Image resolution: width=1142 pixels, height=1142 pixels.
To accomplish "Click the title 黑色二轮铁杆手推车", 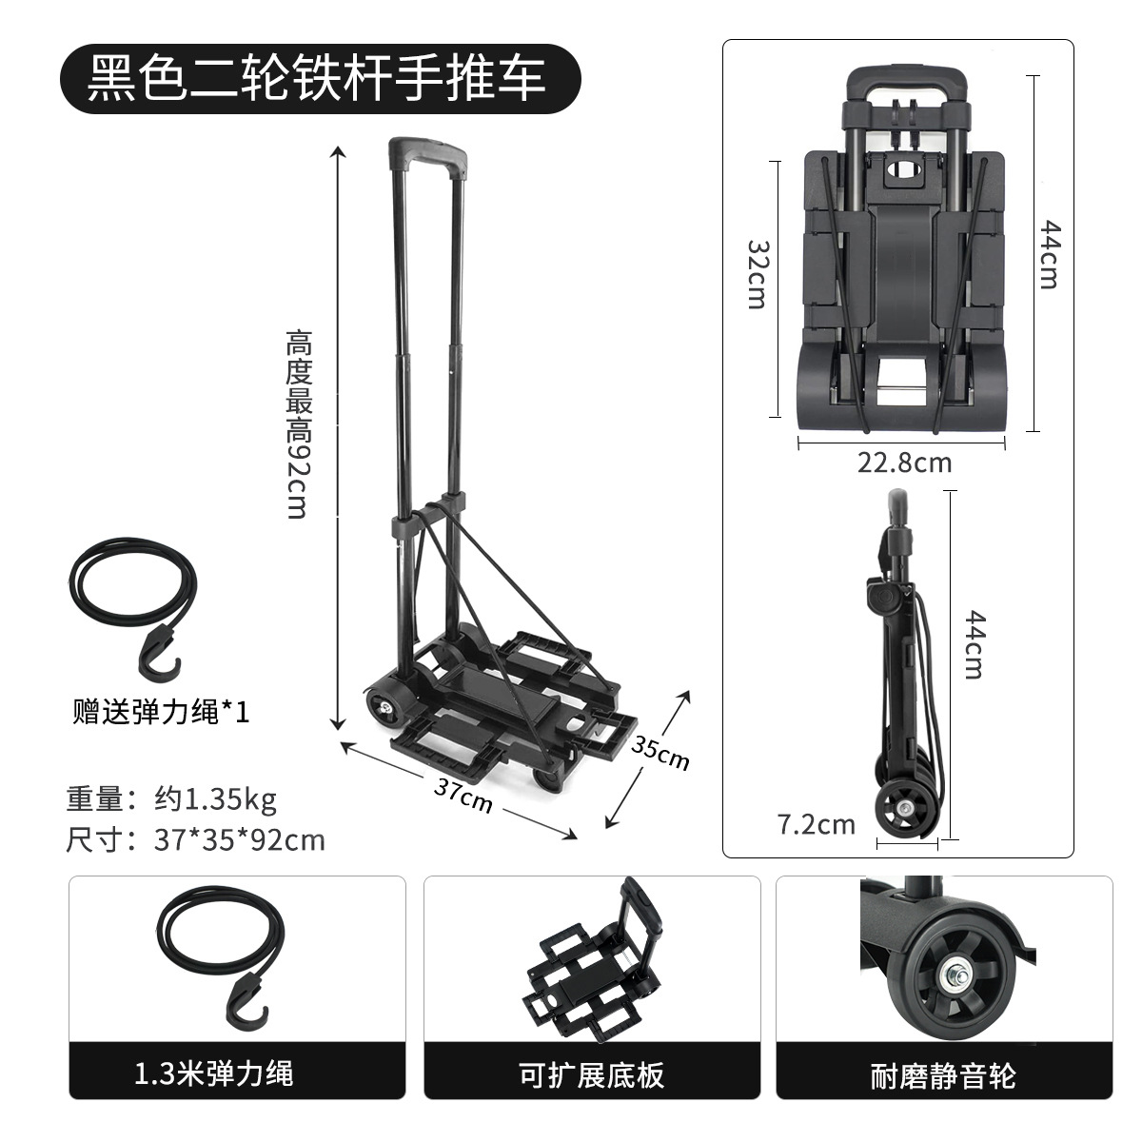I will tap(318, 75).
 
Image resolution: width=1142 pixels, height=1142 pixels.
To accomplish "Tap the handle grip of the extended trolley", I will tap(429, 151).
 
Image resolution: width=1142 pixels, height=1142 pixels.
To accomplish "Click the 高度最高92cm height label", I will tap(299, 423).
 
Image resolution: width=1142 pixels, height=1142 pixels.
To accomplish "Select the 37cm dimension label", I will tap(463, 795).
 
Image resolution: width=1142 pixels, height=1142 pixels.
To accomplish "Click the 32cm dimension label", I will tap(757, 273).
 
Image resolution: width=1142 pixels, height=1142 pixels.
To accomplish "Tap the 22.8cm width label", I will tap(904, 463).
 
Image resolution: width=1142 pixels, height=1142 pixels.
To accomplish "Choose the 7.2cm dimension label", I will tap(817, 823).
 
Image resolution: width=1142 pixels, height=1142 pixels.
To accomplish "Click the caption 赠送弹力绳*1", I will tap(162, 712).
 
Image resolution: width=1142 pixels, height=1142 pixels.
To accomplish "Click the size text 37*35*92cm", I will tap(239, 840).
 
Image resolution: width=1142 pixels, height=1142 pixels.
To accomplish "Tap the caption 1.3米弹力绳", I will tap(213, 1074).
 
